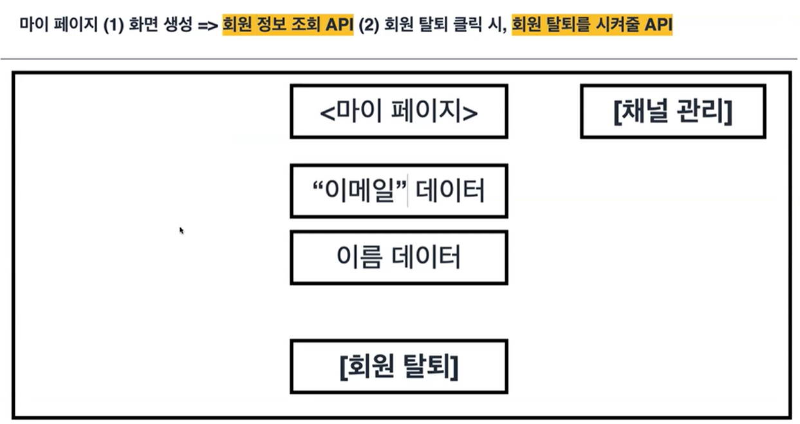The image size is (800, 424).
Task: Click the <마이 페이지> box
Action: (x=398, y=111)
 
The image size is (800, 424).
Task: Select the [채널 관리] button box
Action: (x=673, y=111)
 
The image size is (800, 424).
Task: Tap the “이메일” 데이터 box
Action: (x=398, y=191)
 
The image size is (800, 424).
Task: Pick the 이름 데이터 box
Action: (x=398, y=257)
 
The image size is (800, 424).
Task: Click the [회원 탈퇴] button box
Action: (x=398, y=366)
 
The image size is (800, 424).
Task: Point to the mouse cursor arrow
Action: (x=181, y=229)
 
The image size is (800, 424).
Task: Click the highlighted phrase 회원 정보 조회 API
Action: (x=288, y=26)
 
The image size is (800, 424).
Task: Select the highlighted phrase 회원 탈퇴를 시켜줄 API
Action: (x=592, y=26)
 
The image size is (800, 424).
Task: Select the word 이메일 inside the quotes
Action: (x=360, y=191)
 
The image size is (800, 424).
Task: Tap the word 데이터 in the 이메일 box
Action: (x=450, y=191)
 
